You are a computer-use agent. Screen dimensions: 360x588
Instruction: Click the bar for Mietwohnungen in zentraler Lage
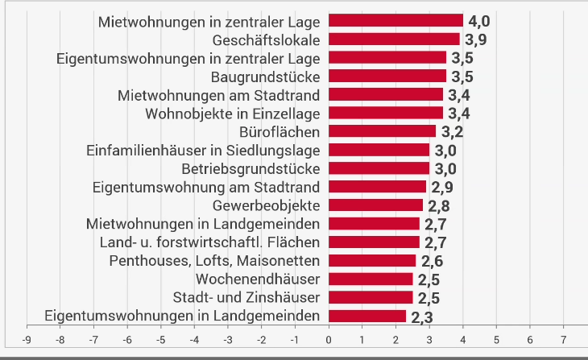[x=395, y=21]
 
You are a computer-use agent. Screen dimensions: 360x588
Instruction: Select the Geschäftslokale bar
[x=394, y=39]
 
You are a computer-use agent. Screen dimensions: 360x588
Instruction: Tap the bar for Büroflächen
[x=382, y=131]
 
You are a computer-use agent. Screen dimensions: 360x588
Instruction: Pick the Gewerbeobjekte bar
[x=375, y=205]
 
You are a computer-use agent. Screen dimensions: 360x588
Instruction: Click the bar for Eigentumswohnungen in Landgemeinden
[x=367, y=316]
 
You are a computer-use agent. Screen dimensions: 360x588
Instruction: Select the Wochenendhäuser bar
[x=371, y=279]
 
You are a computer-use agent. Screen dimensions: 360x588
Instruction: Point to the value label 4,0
[x=478, y=22]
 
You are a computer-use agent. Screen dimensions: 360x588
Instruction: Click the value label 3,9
[x=475, y=40]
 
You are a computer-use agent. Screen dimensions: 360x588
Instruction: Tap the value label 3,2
[x=451, y=132]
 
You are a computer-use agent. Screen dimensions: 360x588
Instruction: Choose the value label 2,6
[x=432, y=261]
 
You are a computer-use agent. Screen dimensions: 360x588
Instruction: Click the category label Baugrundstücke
[x=265, y=77]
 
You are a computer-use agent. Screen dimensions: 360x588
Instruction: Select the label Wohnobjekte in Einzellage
[x=233, y=114]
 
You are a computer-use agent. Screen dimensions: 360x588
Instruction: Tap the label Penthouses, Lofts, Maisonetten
[x=214, y=260]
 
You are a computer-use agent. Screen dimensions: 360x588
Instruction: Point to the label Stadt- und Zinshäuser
[x=246, y=297]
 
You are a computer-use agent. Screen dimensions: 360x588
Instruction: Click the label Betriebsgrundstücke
[x=251, y=169]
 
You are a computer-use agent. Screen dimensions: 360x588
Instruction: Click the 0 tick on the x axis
[x=329, y=340]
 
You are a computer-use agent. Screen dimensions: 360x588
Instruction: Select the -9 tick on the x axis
[x=27, y=340]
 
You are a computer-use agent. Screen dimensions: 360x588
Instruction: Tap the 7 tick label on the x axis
[x=563, y=340]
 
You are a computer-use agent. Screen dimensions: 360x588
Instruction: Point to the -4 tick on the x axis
[x=194, y=340]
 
